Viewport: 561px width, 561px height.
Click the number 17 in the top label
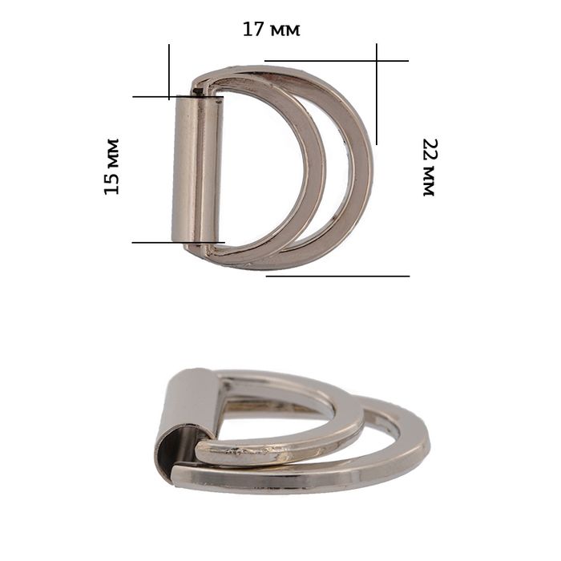[253, 29]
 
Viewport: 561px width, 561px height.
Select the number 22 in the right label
[429, 151]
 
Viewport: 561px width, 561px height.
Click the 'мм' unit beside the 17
[285, 31]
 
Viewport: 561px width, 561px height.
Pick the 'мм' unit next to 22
[428, 181]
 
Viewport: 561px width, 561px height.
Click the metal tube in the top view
[198, 169]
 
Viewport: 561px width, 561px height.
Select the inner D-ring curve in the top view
[316, 168]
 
